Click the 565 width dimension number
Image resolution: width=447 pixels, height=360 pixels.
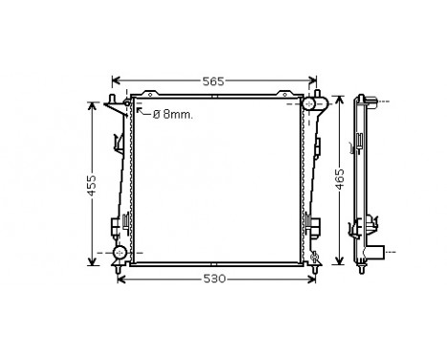[x=212, y=81]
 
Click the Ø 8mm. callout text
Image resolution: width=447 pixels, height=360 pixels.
[x=172, y=113]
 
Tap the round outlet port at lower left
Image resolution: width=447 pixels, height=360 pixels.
[x=120, y=253]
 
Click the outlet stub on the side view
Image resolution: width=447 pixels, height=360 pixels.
[x=381, y=253]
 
